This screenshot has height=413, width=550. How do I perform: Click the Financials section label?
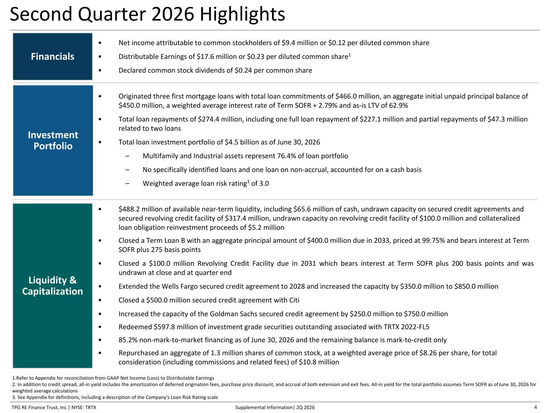53,57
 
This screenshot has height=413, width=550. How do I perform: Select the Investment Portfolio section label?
53,140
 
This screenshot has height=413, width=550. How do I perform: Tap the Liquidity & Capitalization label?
52,286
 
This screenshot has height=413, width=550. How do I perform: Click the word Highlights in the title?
242,14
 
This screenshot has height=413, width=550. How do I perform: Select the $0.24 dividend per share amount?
243,71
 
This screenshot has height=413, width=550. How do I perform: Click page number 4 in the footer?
535,407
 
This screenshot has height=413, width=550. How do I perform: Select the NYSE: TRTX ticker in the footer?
84,407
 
